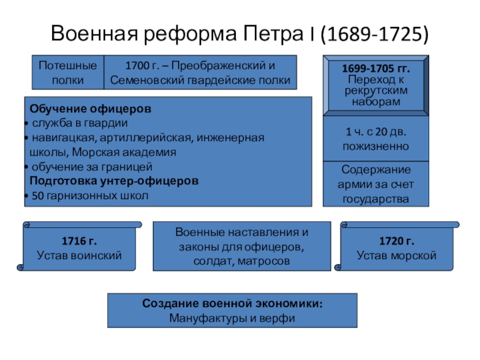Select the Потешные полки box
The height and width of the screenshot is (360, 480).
click(x=68, y=72)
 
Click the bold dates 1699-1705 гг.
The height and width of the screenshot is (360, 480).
click(x=376, y=69)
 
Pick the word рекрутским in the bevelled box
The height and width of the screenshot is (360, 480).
click(x=376, y=90)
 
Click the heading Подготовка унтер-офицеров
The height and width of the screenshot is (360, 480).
click(x=114, y=181)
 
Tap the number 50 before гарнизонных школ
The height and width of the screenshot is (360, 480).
click(x=37, y=196)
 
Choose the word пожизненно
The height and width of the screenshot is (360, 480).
click(x=376, y=146)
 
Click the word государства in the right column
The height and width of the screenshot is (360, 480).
click(x=376, y=199)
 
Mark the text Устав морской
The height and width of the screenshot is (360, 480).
click(x=396, y=256)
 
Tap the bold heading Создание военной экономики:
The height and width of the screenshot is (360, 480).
click(x=232, y=304)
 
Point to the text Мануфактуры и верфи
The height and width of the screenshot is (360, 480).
click(x=232, y=319)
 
